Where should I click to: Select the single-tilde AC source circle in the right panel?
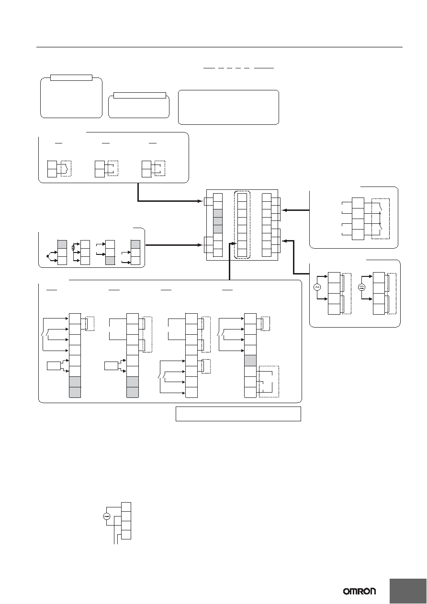(x=317, y=287)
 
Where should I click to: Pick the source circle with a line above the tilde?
(x=361, y=287)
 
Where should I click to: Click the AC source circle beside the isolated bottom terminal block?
(x=107, y=516)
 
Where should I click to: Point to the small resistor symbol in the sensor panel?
(x=73, y=247)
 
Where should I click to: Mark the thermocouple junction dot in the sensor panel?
(x=47, y=256)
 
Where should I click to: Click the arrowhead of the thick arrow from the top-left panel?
(x=201, y=201)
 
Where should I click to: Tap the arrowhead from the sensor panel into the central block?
(x=201, y=245)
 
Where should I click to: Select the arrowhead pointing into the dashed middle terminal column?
(x=235, y=244)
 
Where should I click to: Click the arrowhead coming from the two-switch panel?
(x=283, y=210)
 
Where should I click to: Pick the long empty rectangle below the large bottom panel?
(x=238, y=414)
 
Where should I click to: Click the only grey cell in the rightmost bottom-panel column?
(x=250, y=361)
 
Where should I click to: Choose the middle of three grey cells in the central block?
(x=217, y=221)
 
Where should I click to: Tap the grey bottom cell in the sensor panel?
(x=110, y=261)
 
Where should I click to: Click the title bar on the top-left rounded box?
(x=71, y=77)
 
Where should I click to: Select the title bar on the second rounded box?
(x=140, y=96)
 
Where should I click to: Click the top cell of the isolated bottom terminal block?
(x=126, y=506)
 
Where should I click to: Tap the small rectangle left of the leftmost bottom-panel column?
(x=54, y=366)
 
